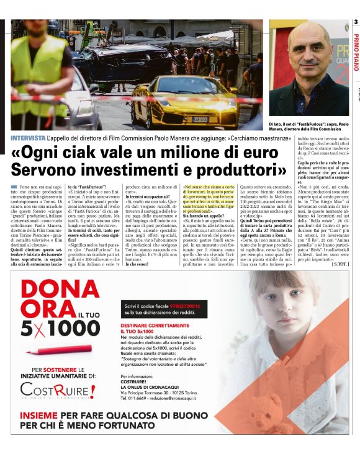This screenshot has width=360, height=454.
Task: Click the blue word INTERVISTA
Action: (x=28, y=137)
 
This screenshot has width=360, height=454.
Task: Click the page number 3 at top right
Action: (x=356, y=22)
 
